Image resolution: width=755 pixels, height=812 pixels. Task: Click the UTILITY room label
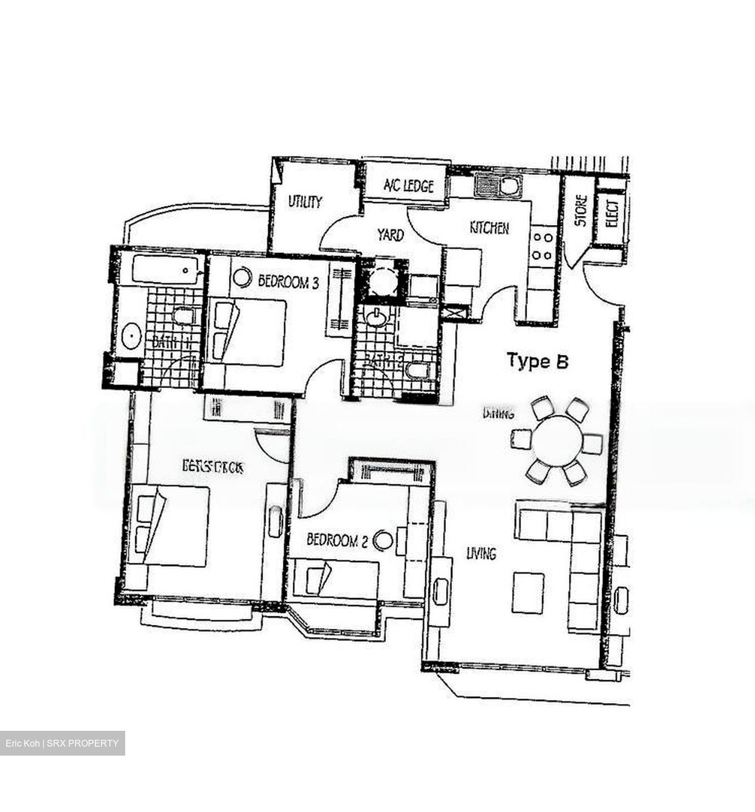pos(305,201)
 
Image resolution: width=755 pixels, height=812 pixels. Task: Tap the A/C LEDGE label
pos(409,186)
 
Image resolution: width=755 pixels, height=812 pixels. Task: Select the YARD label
pos(390,235)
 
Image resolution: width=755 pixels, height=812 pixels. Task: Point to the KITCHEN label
pos(489,228)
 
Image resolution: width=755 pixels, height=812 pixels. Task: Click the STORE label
pos(581,211)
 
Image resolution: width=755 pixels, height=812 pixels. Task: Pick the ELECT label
pos(612,214)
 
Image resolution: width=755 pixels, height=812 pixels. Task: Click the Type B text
pos(537,361)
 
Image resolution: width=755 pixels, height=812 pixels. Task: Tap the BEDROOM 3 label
pos(288,281)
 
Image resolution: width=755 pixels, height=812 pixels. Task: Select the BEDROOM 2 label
pos(337,541)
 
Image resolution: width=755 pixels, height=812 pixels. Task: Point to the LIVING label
pos(481,554)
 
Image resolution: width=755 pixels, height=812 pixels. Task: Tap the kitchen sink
pos(498,184)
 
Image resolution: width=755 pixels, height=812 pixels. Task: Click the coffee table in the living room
pos(528,592)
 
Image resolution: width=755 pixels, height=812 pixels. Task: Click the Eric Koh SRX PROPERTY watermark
pos(62,743)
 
